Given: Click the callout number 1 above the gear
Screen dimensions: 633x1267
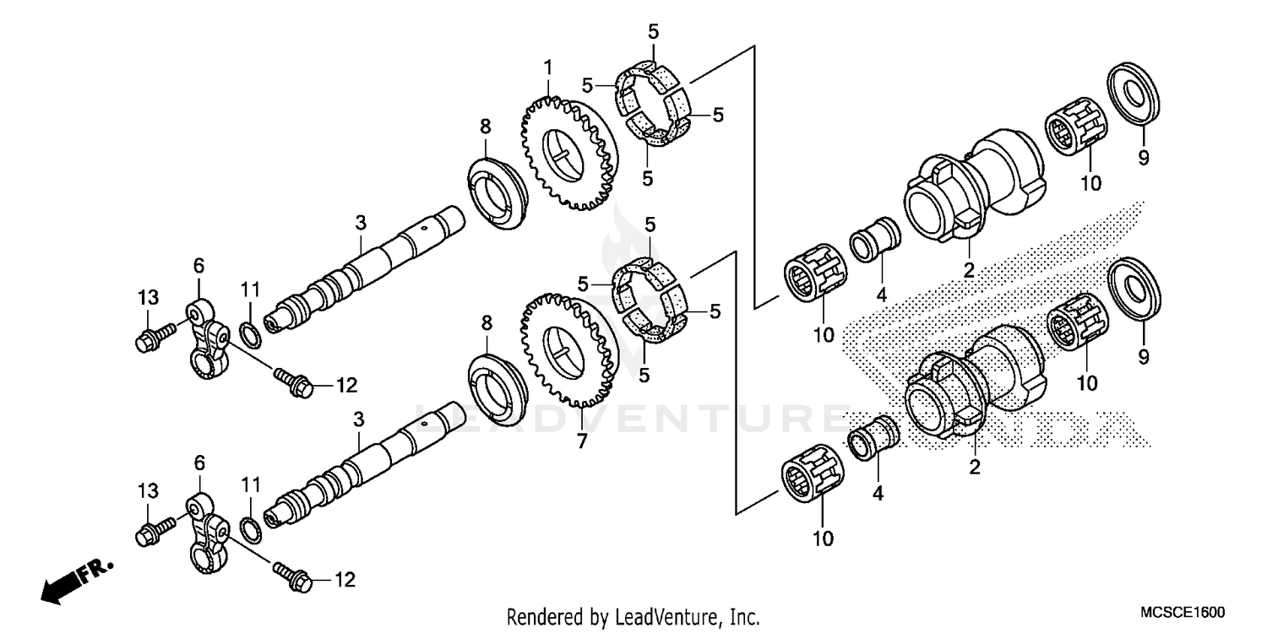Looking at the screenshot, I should [x=547, y=66].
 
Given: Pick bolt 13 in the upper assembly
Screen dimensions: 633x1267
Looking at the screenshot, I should [x=153, y=337].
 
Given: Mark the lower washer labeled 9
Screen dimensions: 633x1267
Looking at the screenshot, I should [x=1133, y=288].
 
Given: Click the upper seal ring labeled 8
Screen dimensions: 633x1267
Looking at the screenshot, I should [x=496, y=192].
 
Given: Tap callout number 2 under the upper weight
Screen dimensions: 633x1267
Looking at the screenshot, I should [x=969, y=270].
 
